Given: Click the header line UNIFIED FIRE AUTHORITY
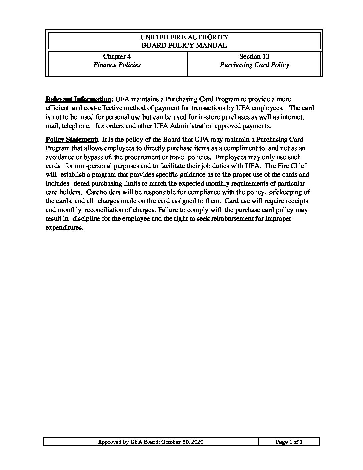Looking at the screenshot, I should click(x=184, y=37).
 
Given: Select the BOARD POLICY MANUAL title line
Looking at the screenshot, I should click(x=184, y=46).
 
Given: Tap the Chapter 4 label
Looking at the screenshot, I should click(x=114, y=56).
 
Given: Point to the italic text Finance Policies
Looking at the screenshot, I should click(x=117, y=65).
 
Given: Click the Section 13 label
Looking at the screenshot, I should click(x=254, y=56).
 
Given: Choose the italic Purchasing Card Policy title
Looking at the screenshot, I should click(x=254, y=65).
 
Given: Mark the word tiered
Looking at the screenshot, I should click(x=82, y=184).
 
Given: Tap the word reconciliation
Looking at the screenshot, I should click(x=109, y=210).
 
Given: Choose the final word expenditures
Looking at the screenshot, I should click(x=63, y=228).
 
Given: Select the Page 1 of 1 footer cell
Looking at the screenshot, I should click(x=289, y=442).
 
